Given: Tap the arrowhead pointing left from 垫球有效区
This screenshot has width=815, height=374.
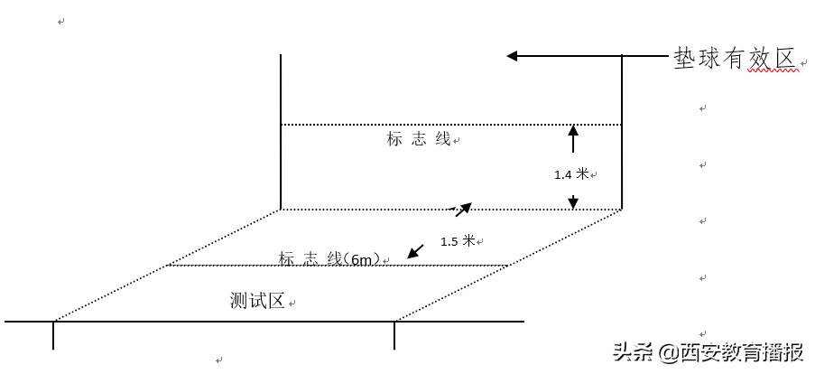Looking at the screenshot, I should (x=513, y=56).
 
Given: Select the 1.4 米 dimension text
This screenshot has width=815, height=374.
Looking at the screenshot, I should (x=571, y=174).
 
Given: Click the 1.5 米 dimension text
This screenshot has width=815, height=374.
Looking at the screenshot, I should (x=458, y=241).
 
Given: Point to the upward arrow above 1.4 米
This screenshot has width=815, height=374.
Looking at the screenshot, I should (x=572, y=138).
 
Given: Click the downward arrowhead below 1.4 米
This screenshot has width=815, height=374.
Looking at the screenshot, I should (x=572, y=202).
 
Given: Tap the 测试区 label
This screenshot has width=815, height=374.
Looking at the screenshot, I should (x=257, y=301).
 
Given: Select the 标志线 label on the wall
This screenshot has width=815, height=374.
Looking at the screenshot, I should (x=419, y=139).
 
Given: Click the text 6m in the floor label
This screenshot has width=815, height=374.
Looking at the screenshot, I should (x=363, y=259).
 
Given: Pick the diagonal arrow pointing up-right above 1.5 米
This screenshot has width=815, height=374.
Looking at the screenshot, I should (x=462, y=210).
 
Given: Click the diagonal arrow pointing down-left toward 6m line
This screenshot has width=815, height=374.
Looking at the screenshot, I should (x=414, y=251).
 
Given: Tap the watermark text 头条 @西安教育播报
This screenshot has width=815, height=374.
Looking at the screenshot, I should (x=708, y=352).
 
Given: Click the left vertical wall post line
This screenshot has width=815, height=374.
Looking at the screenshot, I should (x=281, y=131).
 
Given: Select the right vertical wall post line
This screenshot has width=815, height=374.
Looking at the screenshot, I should (x=622, y=131).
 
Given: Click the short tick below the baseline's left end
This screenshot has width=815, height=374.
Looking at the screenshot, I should (x=53, y=335).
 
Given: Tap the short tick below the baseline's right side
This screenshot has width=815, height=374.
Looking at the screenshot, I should (x=394, y=335).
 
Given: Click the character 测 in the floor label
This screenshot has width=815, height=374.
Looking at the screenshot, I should (x=238, y=301).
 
